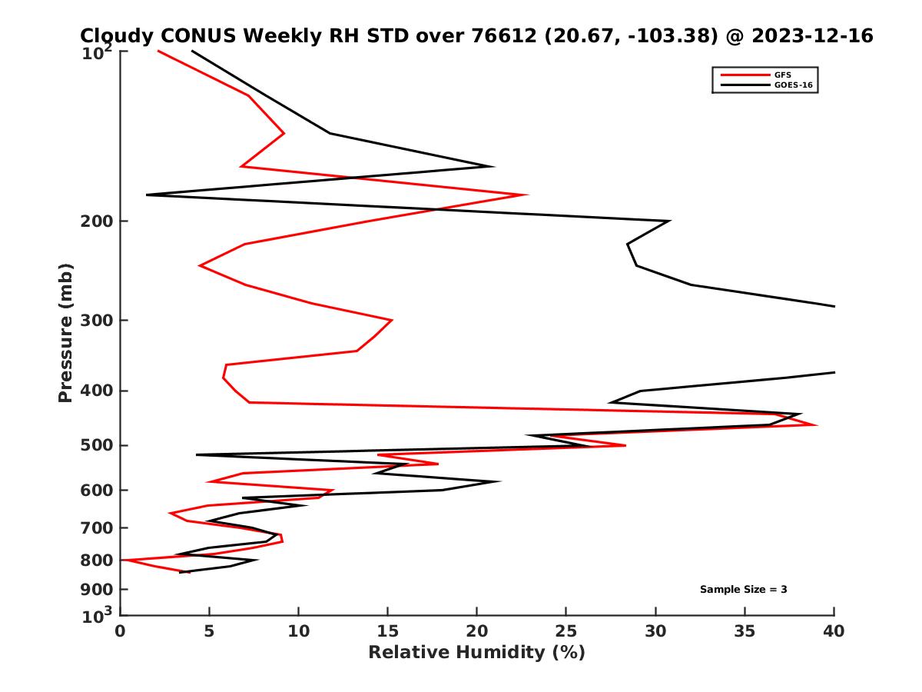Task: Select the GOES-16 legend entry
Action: (x=793, y=85)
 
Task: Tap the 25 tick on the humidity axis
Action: (x=566, y=631)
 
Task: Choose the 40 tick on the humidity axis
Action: (x=834, y=631)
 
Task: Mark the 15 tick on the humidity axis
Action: (x=388, y=631)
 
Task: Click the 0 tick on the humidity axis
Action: (x=121, y=631)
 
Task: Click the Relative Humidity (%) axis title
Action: (x=476, y=653)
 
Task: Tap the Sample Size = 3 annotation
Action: (x=743, y=590)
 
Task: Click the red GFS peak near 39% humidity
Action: (x=816, y=425)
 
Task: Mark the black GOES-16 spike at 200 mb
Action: (x=669, y=221)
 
